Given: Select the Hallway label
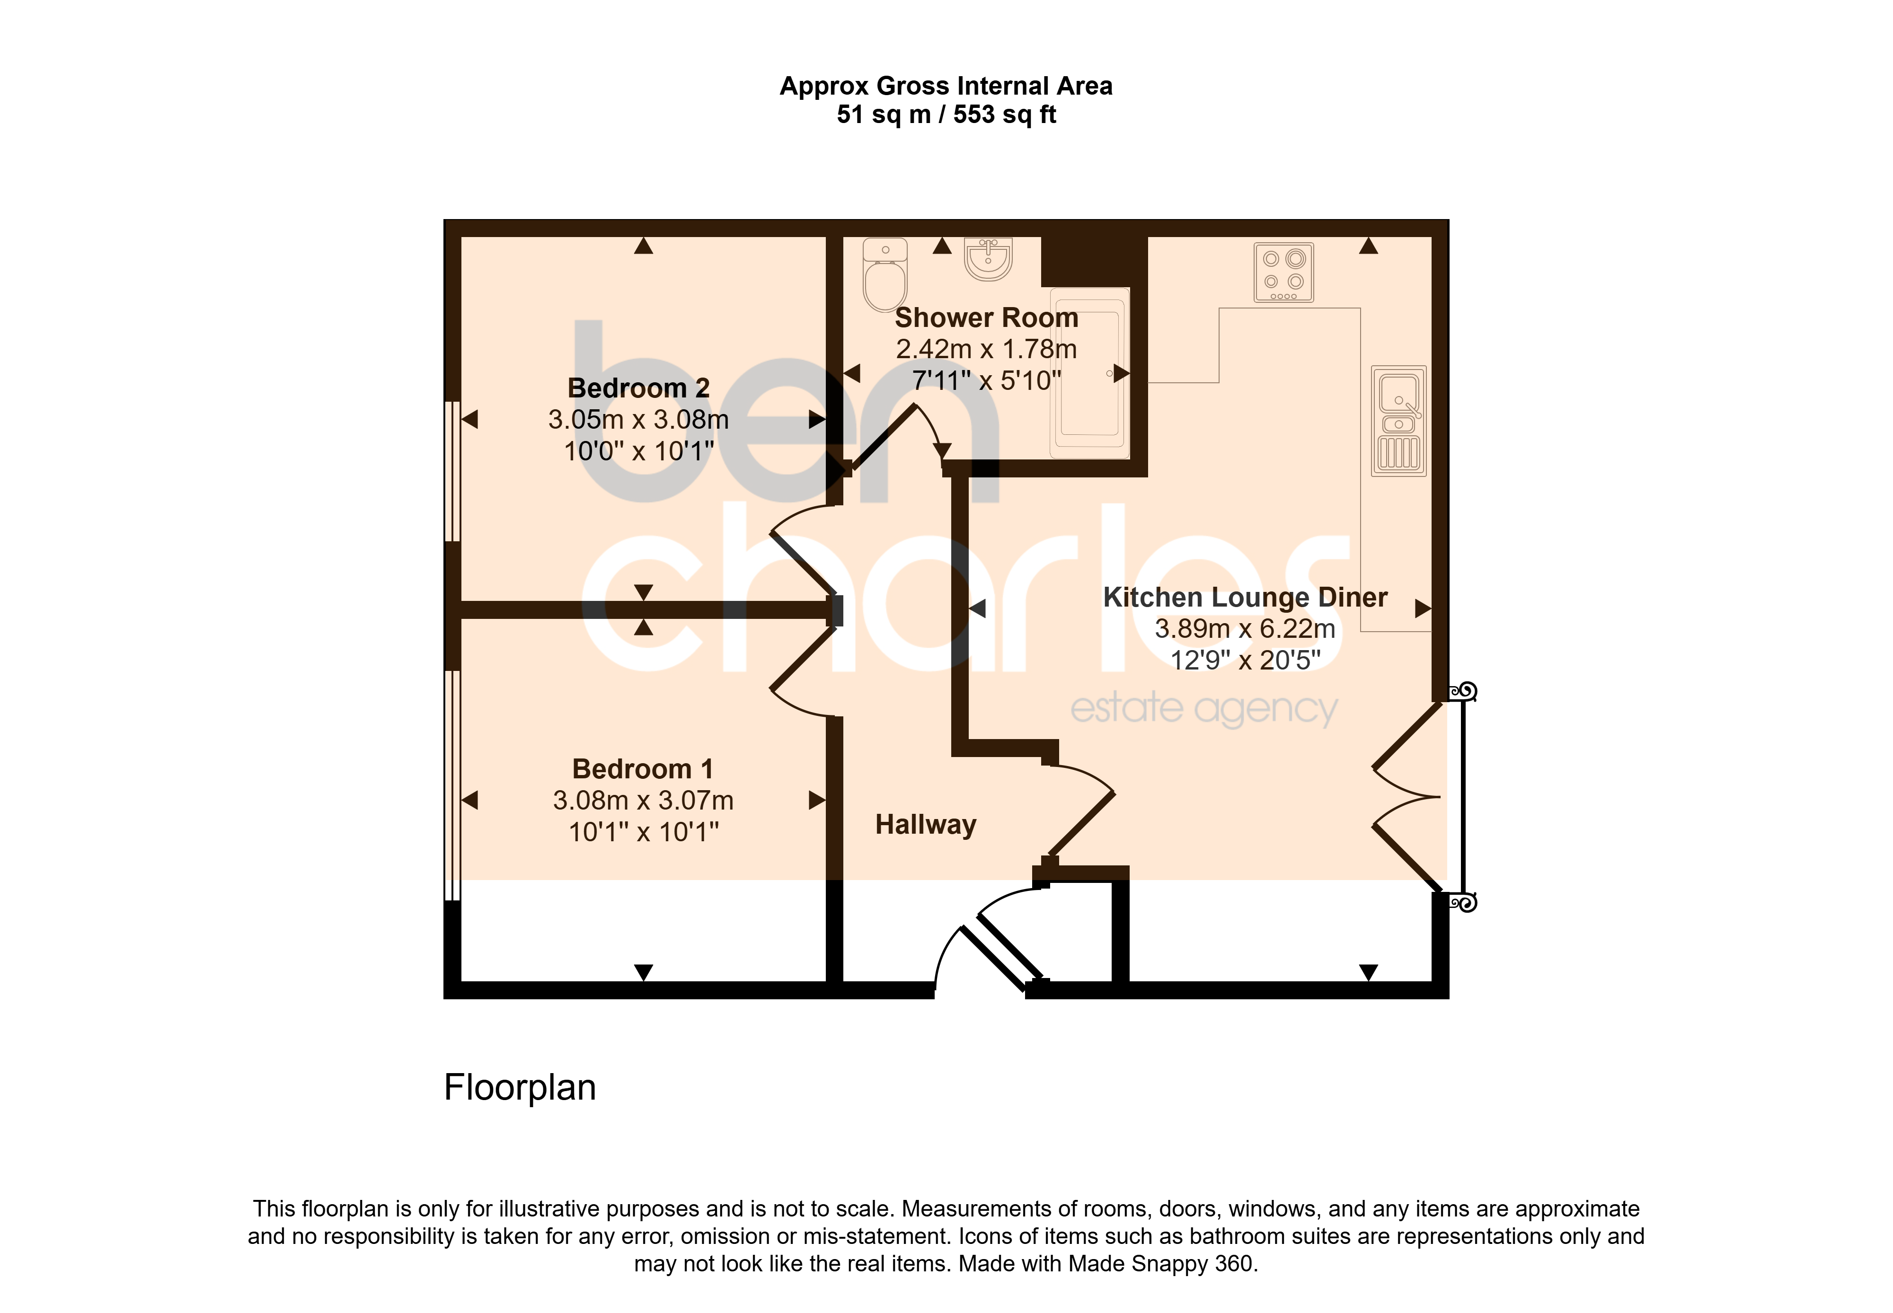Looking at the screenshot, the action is [926, 824].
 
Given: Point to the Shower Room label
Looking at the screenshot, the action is [986, 317].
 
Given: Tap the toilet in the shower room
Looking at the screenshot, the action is [885, 275].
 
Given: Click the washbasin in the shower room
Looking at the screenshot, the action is [988, 259].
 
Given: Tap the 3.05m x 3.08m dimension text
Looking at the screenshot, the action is [638, 420].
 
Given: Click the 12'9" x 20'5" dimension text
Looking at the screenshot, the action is [1246, 660].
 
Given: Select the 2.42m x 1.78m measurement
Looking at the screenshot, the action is [986, 349].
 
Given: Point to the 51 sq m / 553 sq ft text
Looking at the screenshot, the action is [946, 115].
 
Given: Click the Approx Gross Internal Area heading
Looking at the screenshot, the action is [946, 86].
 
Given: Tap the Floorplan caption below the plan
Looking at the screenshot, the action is [520, 1088].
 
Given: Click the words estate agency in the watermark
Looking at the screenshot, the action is [1203, 709].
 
